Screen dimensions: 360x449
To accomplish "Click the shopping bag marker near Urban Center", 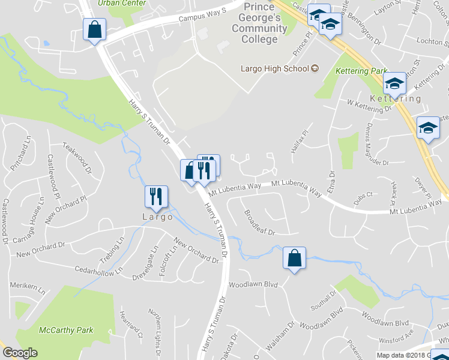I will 95,29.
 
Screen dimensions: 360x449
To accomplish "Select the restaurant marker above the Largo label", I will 155,197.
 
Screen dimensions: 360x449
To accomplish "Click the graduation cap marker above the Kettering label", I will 394,83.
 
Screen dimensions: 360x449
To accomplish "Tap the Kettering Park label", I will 363,71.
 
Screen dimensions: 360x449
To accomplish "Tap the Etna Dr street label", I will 331,182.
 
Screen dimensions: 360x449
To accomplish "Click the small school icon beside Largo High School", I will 314,68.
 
